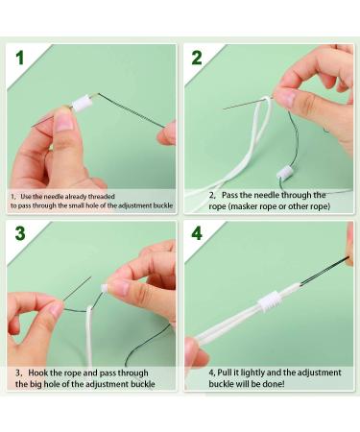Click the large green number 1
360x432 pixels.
[20, 58]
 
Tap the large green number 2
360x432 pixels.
[197, 58]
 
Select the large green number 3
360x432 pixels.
[20, 233]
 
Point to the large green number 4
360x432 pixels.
[197, 233]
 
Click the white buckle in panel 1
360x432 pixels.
[82, 103]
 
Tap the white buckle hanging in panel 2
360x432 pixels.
[285, 174]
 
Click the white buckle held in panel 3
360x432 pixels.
[104, 289]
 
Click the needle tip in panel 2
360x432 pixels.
[224, 109]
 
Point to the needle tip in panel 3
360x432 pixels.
[91, 276]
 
